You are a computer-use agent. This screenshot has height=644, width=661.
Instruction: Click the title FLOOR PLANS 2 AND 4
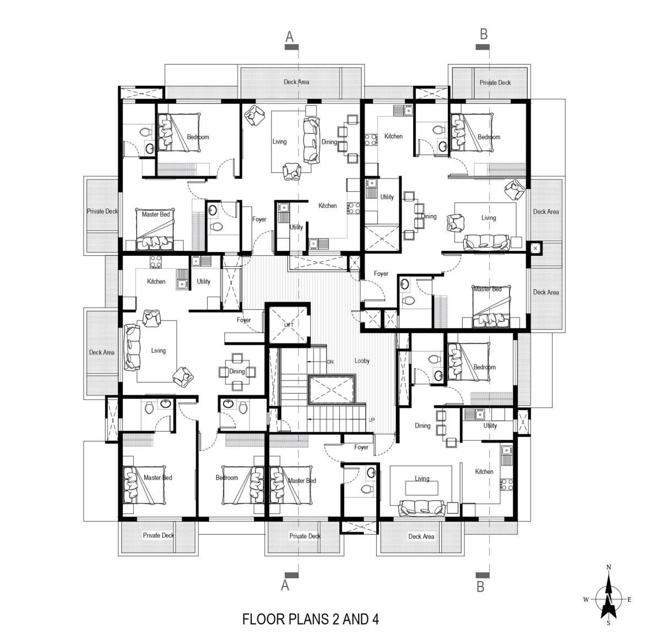tap(311, 619)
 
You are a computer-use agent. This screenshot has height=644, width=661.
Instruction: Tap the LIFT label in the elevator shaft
tap(289, 325)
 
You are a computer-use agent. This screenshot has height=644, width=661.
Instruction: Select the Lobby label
tap(362, 361)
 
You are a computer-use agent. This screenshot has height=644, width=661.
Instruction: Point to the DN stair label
tap(330, 362)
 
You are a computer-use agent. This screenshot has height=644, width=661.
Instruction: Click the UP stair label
tap(371, 420)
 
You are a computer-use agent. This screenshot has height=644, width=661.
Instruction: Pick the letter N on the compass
tap(609, 567)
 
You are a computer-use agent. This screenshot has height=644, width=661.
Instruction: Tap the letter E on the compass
tap(629, 599)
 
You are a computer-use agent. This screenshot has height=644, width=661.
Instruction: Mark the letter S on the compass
tap(608, 623)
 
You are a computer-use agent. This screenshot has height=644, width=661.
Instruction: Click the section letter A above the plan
tap(290, 36)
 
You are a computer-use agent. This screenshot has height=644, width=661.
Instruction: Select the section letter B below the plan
tap(480, 587)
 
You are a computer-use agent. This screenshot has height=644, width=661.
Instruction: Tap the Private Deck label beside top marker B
tap(495, 83)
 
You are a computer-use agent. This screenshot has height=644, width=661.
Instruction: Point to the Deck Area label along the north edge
tap(296, 82)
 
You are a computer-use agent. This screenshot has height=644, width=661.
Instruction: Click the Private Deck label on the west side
tap(102, 212)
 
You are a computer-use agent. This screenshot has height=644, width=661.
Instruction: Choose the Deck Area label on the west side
tap(102, 352)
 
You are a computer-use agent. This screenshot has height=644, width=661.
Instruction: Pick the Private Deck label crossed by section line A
tap(305, 536)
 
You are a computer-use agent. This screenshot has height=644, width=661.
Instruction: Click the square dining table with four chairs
tap(237, 372)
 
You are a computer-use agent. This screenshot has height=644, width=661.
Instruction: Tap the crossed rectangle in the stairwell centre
tap(332, 389)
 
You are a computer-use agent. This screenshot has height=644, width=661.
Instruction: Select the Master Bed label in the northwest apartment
tap(156, 214)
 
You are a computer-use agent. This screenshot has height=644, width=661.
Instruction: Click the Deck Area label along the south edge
tap(421, 536)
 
